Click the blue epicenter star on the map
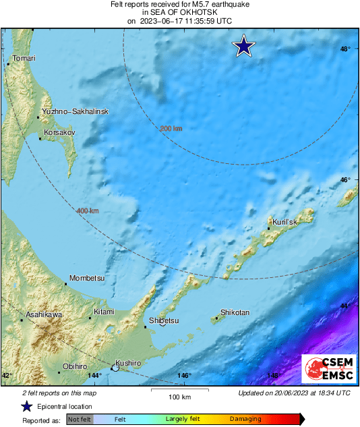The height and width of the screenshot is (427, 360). point(243,47)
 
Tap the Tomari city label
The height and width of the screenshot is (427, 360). point(24,59)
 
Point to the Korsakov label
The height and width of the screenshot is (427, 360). point(57,133)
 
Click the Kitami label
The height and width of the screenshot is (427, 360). point(104,312)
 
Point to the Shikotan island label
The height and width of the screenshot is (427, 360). point(235,313)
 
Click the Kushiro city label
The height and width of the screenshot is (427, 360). point(127,363)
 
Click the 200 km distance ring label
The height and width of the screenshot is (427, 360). point(171,128)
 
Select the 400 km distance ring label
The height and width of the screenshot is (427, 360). point(88,211)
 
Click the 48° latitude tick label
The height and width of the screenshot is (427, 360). point(345,49)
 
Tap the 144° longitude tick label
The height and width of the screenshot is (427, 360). point(94,376)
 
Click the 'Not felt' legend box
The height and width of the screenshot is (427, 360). point(80,420)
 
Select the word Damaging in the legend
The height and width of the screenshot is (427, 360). point(245,420)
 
